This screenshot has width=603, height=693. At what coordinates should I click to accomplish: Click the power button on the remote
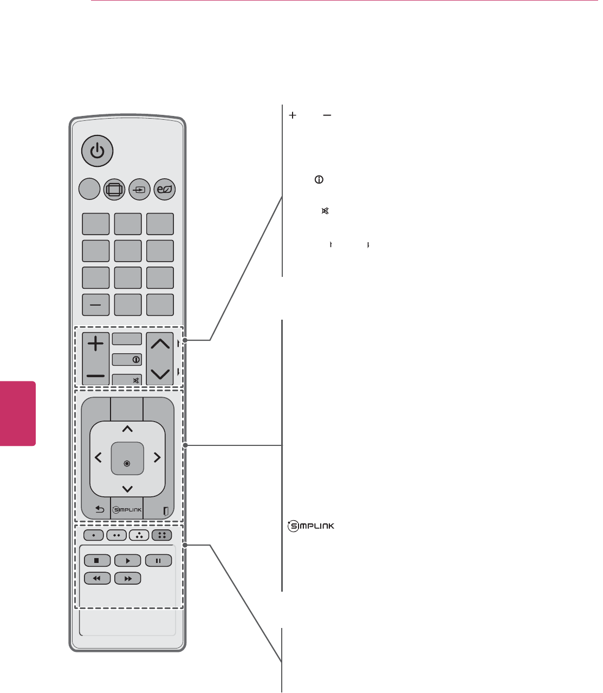(x=98, y=151)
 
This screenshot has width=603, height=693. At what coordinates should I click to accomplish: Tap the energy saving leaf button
(x=164, y=190)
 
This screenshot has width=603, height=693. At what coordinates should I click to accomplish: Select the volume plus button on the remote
(x=96, y=344)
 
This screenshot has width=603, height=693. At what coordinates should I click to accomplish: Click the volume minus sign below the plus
(x=96, y=375)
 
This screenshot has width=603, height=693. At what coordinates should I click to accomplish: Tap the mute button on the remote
(x=127, y=380)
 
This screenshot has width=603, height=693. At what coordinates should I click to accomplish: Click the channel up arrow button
(x=160, y=344)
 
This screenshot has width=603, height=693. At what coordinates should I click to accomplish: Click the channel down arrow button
(x=160, y=373)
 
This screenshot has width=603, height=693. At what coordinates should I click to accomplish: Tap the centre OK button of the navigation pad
(x=127, y=458)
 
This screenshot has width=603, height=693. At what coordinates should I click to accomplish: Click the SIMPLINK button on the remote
(x=127, y=509)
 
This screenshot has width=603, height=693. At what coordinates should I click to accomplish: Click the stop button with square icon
(x=97, y=561)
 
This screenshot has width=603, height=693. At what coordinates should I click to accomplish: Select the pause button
(x=158, y=561)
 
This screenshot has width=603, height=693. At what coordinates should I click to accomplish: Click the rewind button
(x=97, y=579)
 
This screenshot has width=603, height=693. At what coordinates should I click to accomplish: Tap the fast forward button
(x=128, y=579)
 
